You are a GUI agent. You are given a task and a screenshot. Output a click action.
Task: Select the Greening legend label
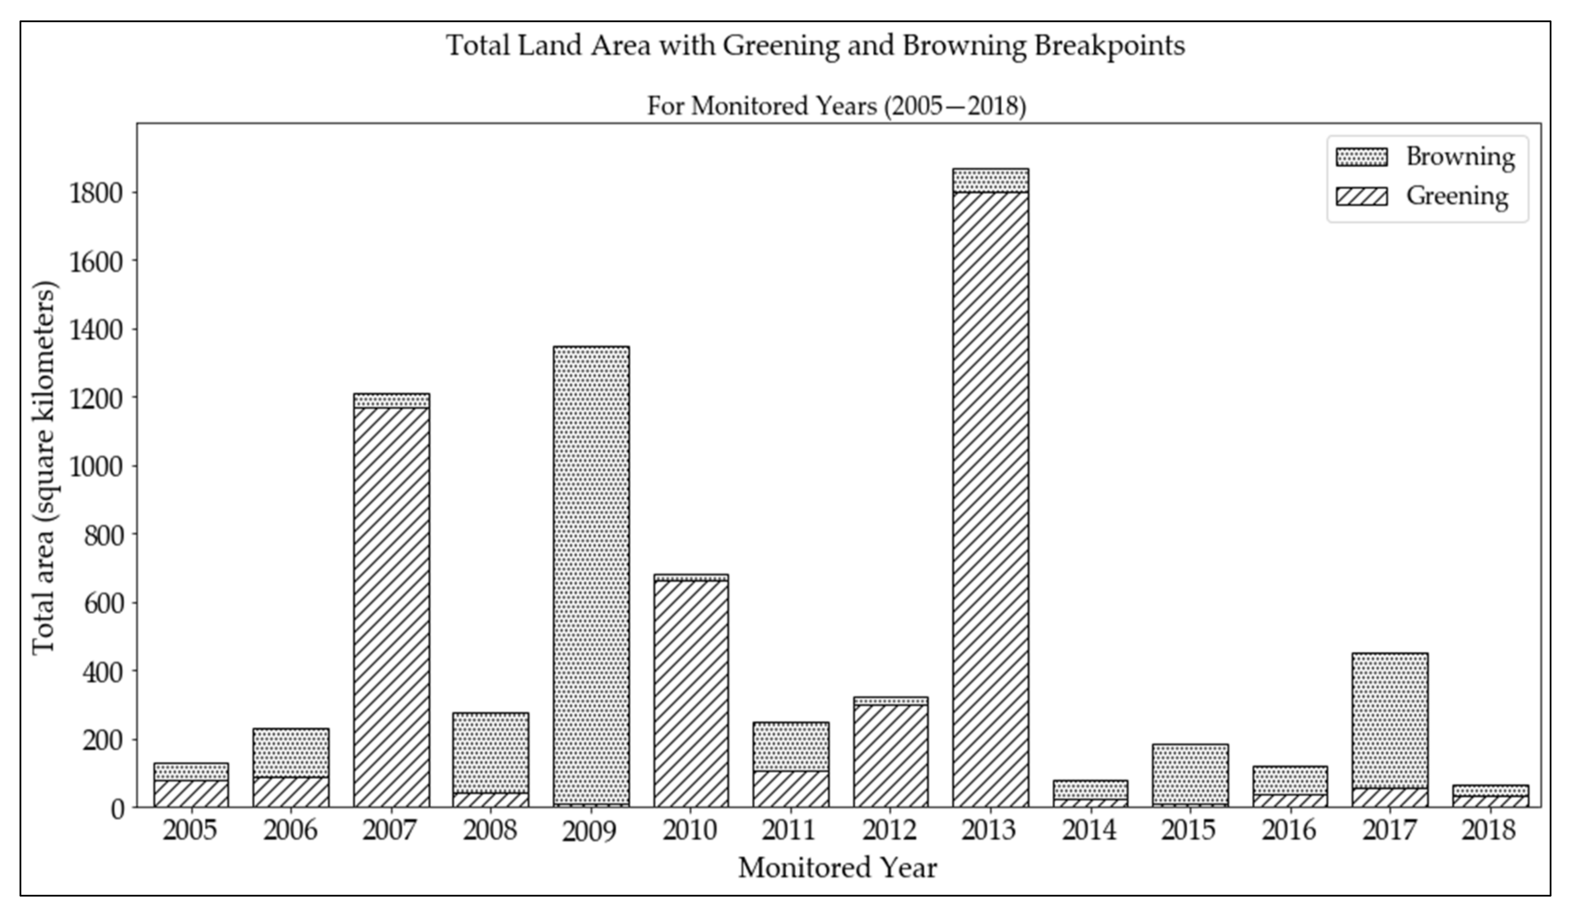[x=1457, y=196]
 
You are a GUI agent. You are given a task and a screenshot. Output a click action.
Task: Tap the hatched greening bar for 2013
[x=991, y=499]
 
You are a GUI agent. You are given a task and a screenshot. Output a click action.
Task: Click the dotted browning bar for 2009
[x=591, y=574]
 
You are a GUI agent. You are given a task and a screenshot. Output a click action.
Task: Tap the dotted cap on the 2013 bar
[x=991, y=180]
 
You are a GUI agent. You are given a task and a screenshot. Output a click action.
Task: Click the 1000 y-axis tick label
[x=95, y=467]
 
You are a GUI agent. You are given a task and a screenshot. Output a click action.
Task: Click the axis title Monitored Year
[x=837, y=868]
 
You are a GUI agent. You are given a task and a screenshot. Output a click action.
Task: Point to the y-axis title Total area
[x=44, y=468]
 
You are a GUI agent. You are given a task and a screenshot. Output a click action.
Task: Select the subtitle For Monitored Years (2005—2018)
[x=837, y=106]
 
